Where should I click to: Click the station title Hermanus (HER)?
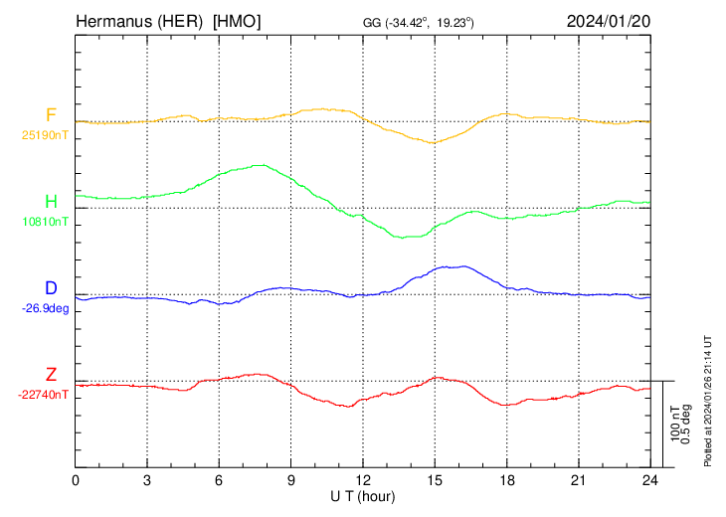pyautogui.click(x=140, y=21)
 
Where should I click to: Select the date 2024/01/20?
pyautogui.click(x=607, y=21)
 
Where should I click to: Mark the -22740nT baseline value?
pyautogui.click(x=44, y=395)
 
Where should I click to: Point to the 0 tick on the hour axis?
pyautogui.click(x=76, y=479)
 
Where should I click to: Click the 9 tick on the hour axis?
pyautogui.click(x=291, y=479)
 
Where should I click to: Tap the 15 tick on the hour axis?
pyautogui.click(x=435, y=479)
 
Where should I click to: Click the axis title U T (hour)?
pyautogui.click(x=363, y=495)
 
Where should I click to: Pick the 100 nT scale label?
pyautogui.click(x=673, y=424)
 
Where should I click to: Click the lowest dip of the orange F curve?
pyautogui.click(x=432, y=143)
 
